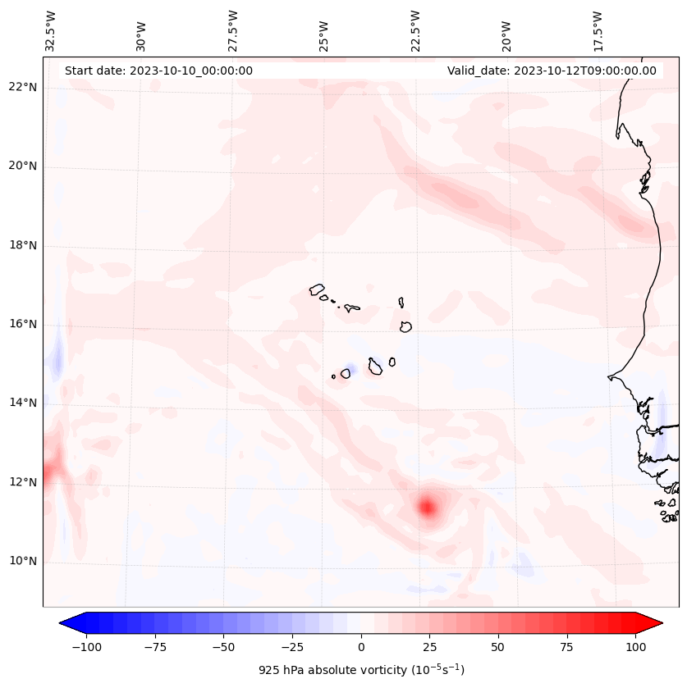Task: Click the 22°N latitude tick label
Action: tap(21, 88)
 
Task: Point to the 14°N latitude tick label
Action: tap(21, 403)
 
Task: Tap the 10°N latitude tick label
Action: tap(21, 562)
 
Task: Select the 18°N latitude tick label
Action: tap(21, 245)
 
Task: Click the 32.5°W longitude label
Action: tap(52, 31)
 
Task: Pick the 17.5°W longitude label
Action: tap(598, 31)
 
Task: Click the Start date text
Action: tap(158, 71)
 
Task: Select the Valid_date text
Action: tap(552, 71)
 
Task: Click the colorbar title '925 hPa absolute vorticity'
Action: tap(361, 670)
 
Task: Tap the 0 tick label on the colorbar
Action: tap(361, 647)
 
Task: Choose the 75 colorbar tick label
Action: tap(566, 647)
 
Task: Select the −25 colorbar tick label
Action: tap(292, 647)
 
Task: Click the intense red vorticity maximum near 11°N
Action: tap(427, 507)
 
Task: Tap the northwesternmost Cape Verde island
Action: tap(317, 289)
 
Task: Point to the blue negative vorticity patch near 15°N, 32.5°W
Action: tap(57, 360)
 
